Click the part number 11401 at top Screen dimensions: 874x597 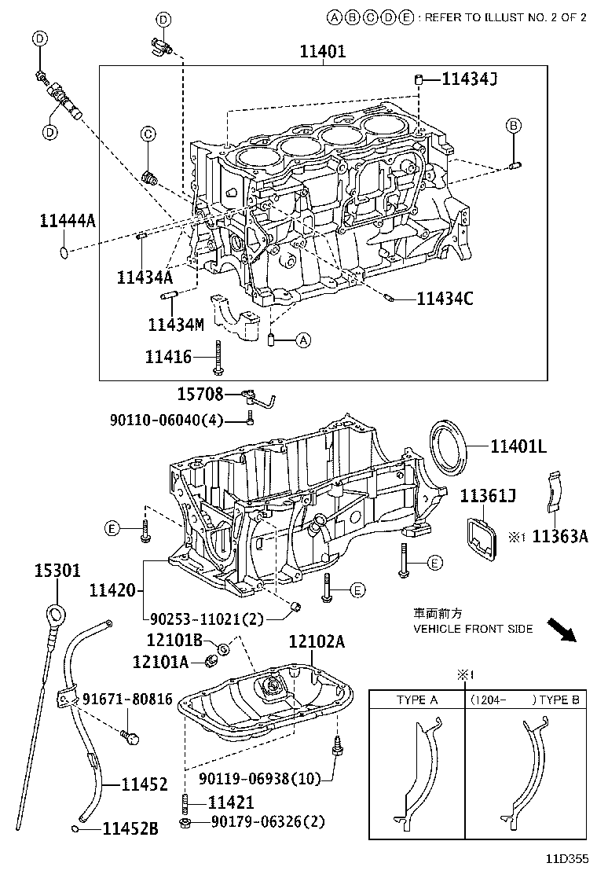click(x=322, y=52)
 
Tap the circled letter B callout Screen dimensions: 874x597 click(x=513, y=126)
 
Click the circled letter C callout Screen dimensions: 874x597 click(x=147, y=135)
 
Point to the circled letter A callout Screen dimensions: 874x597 click(x=303, y=340)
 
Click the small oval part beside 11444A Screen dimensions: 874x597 click(x=64, y=252)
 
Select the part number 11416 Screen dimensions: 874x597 click(x=167, y=357)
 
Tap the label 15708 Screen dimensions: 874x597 click(x=200, y=394)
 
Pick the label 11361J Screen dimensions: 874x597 click(x=488, y=496)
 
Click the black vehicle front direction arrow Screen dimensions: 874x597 click(x=561, y=629)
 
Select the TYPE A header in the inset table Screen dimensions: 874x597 click(x=417, y=700)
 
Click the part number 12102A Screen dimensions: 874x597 click(x=317, y=641)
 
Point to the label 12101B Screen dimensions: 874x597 click(x=174, y=641)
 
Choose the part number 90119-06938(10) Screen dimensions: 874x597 click(x=259, y=779)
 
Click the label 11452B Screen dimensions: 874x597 click(x=131, y=828)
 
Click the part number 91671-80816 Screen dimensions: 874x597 click(x=126, y=699)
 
